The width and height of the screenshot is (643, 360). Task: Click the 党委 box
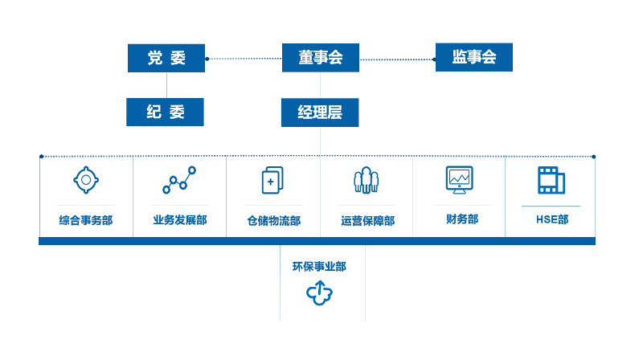pos(166,58)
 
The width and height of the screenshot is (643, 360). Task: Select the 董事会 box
pos(320,58)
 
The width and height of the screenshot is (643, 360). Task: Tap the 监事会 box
pos(474,57)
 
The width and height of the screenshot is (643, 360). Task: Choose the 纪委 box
pos(165,112)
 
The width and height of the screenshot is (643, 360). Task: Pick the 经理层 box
pos(320,112)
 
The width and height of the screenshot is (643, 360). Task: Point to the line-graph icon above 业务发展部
pos(179,179)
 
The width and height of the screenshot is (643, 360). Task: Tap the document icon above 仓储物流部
pos(272,180)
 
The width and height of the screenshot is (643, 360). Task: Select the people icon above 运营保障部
pos(367,179)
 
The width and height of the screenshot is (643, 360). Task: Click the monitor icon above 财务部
pos(459,180)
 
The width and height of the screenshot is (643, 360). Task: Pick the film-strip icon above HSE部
pos(551,180)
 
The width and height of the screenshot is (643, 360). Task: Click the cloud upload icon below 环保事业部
pos(319,293)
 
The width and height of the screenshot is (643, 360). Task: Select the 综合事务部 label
pos(86,220)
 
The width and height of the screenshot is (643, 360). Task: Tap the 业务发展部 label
pos(180,220)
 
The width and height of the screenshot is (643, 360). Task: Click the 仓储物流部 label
pos(274,221)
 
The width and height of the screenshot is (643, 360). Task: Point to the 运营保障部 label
pos(368,221)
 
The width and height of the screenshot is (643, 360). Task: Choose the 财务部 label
pos(462,219)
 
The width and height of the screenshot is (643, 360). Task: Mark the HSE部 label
pos(552,219)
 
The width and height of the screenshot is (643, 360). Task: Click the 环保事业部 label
pos(319,267)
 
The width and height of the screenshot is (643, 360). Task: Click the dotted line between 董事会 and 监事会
pos(397,59)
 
